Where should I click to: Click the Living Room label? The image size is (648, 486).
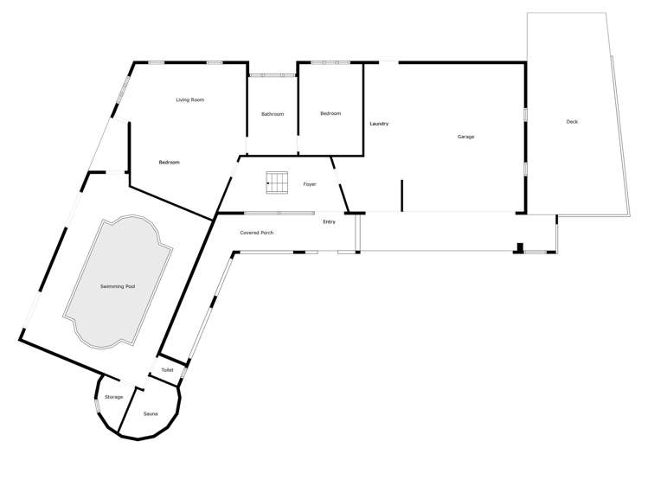189,100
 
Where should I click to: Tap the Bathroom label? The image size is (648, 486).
273,114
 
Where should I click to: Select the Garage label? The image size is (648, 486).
465,137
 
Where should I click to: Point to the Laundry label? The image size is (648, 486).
379,125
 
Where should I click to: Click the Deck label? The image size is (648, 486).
571,122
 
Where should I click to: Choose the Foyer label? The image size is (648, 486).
309,184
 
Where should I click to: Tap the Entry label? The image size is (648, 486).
329,222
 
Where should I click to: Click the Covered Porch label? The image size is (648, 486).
257,233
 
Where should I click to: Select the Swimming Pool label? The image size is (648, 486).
118,285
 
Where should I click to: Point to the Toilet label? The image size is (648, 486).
167,370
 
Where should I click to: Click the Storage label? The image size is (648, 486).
114,397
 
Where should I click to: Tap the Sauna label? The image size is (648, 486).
151,415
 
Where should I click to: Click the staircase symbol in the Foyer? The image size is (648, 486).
277,180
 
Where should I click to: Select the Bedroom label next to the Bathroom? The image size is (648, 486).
330,113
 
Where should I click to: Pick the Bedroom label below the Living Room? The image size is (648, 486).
169,163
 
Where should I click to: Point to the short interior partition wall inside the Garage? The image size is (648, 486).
401,195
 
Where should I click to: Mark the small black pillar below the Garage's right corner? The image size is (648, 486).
518,248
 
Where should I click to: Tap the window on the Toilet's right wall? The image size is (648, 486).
183,373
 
